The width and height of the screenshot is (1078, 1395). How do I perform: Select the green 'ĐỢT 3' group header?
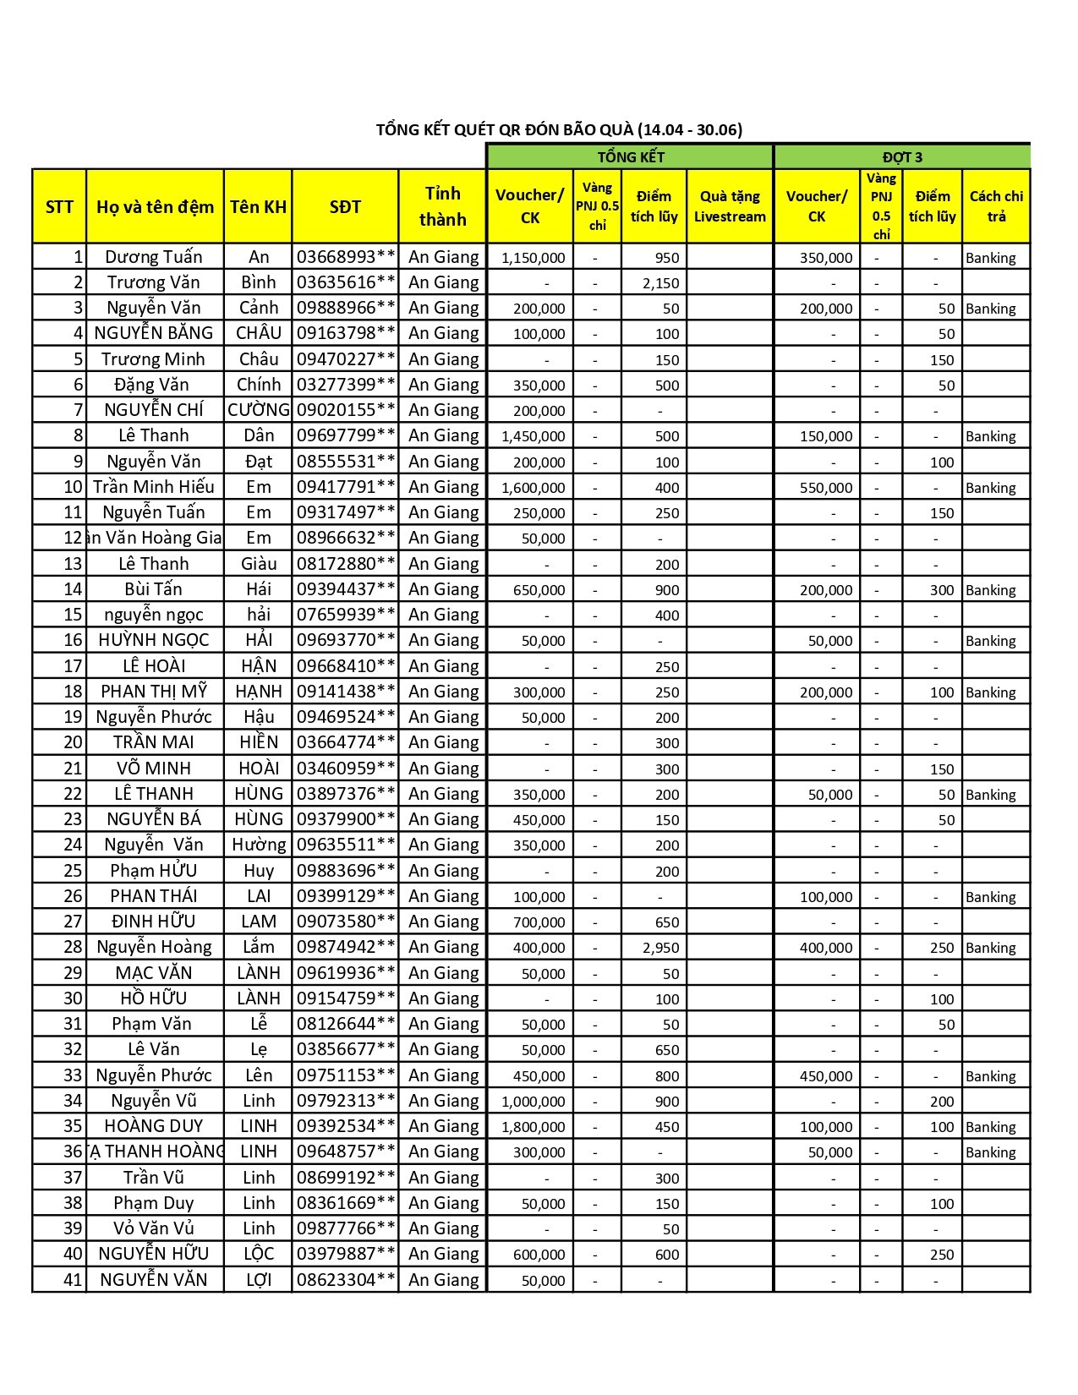[902, 157]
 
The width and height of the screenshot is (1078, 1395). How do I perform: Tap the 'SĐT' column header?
[345, 207]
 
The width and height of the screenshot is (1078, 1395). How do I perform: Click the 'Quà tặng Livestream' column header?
[730, 207]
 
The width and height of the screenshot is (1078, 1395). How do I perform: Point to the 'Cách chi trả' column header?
[996, 206]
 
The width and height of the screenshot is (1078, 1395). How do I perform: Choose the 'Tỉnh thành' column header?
[442, 207]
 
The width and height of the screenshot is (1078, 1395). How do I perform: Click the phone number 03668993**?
[346, 257]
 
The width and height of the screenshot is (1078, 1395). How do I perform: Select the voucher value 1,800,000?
[534, 1127]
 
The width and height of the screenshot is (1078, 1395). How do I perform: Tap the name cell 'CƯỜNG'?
[258, 411]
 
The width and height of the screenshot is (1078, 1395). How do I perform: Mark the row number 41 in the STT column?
[73, 1280]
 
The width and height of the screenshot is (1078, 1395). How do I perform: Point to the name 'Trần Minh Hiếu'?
[154, 487]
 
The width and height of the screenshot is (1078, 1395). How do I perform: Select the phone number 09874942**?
[346, 947]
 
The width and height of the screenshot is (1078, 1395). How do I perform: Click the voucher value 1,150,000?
[534, 258]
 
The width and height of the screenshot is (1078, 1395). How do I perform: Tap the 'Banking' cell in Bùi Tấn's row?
[991, 590]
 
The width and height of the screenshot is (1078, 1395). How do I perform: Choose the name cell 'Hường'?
[259, 845]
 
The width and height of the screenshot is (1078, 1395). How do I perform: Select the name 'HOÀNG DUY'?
[154, 1126]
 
